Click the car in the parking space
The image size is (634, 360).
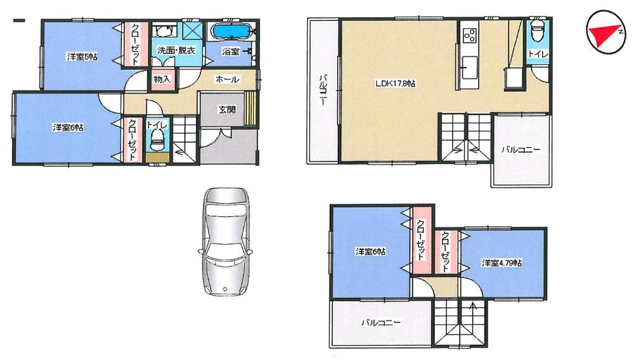click(x=225, y=241)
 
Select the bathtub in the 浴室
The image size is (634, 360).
click(x=231, y=32)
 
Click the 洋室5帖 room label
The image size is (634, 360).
click(x=82, y=57)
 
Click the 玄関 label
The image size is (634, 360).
click(x=227, y=109)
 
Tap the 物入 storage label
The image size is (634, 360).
click(x=162, y=79)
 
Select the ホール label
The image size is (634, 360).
click(x=227, y=79)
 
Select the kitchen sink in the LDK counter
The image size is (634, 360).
click(x=469, y=64)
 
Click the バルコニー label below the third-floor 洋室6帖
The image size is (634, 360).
click(x=380, y=323)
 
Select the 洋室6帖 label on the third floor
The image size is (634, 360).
click(x=370, y=252)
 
